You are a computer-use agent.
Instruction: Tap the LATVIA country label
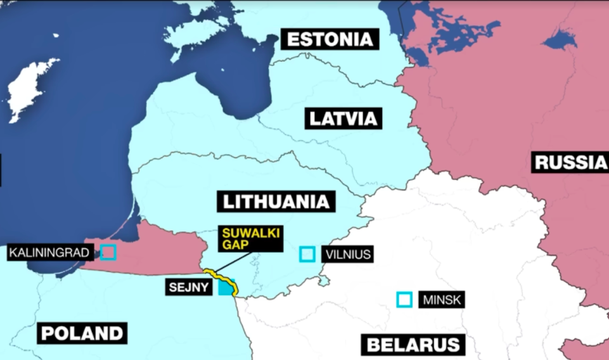click(x=343, y=118)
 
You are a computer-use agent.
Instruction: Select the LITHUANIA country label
click(x=276, y=202)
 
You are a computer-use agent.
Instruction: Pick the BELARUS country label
click(x=413, y=345)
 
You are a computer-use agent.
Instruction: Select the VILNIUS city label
click(x=346, y=255)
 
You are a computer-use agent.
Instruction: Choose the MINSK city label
click(x=441, y=300)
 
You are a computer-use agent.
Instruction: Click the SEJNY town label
click(x=189, y=286)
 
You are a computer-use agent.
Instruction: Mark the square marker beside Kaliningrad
click(x=108, y=252)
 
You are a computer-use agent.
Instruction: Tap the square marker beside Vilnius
click(x=307, y=254)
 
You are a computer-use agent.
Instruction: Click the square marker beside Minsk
click(x=404, y=299)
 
